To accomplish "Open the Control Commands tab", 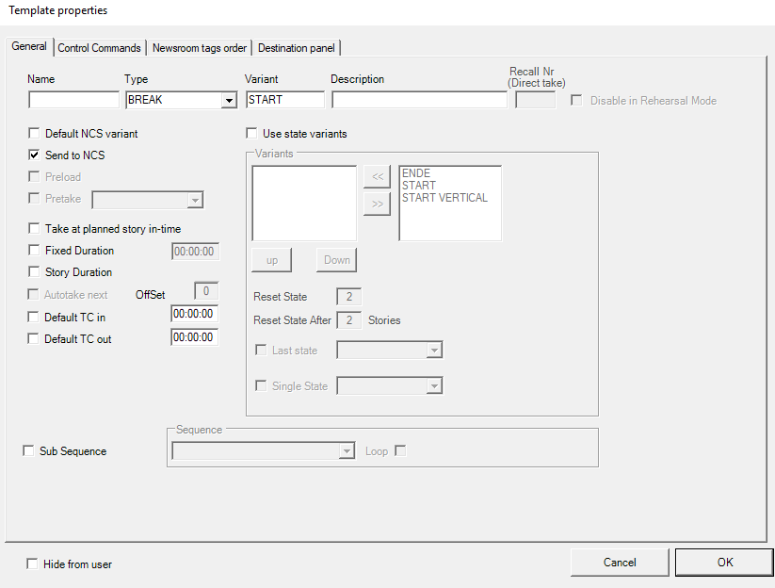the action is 99,48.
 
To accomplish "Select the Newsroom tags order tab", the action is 200,48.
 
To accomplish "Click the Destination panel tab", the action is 296,48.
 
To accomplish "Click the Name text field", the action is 73,100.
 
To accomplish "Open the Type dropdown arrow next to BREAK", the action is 228,101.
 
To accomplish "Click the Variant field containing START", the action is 285,100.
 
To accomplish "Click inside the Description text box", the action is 419,100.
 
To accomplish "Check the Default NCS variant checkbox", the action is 34,134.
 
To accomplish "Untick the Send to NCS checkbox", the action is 34,155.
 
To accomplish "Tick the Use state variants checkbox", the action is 251,134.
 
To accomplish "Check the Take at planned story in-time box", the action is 34,228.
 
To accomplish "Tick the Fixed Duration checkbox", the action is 34,251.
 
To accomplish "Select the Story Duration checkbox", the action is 34,272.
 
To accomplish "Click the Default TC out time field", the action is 195,337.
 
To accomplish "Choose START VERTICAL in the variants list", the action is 444,198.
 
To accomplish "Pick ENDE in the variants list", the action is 416,173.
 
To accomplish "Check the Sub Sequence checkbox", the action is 28,451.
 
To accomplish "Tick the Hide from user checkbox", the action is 32,563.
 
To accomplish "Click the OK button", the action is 724,563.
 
